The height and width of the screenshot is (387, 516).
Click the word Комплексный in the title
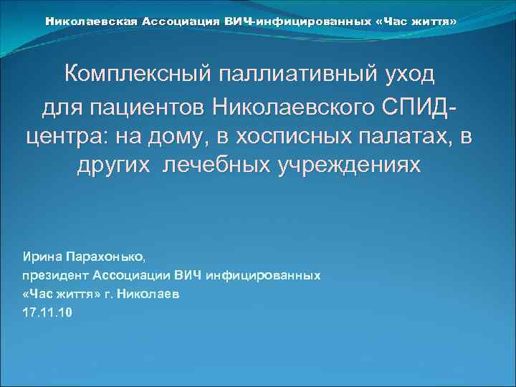click(x=129, y=74)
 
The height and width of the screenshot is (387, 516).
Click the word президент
click(x=52, y=275)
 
